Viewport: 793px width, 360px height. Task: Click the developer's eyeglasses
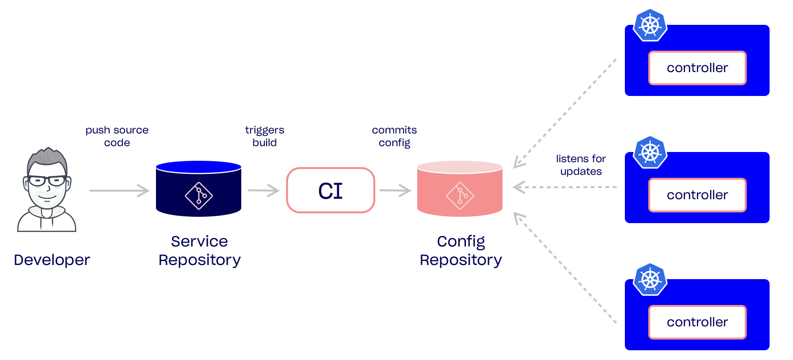[x=47, y=181]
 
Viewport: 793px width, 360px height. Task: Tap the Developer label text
[x=52, y=260]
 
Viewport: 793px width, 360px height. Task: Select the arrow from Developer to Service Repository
[x=119, y=190]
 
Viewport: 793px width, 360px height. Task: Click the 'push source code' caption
[x=117, y=136]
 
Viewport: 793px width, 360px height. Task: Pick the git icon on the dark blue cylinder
[x=198, y=196]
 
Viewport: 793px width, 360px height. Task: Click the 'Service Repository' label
[x=199, y=251]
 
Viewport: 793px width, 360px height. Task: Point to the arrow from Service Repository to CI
[x=264, y=190]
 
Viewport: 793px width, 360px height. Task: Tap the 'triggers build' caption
[x=265, y=136]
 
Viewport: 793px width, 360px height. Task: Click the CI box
[x=330, y=190]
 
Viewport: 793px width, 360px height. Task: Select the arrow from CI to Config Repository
[x=395, y=190]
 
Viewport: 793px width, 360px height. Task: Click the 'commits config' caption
[x=394, y=136]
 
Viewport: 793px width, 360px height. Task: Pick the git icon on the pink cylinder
[x=460, y=196]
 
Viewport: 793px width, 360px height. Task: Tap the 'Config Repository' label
[x=461, y=251]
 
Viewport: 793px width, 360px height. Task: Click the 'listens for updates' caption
[x=581, y=165]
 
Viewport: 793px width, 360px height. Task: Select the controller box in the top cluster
[x=697, y=68]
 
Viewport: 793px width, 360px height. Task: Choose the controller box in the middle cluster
[x=697, y=195]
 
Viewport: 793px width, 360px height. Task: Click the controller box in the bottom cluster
[x=697, y=322]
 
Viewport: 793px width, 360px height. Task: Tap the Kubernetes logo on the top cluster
[x=650, y=25]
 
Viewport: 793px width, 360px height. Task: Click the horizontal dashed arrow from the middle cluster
[x=565, y=187]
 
